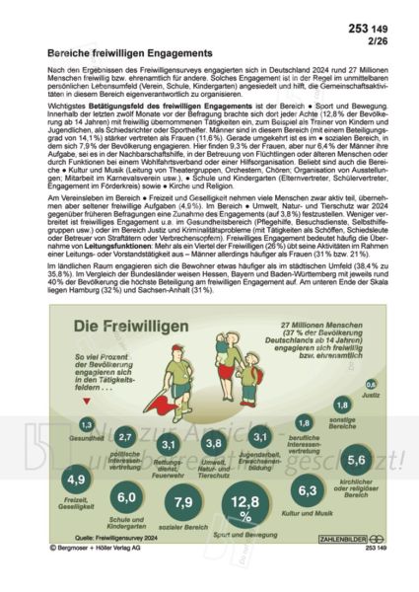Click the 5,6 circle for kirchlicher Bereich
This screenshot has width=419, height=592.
pyautogui.click(x=357, y=461)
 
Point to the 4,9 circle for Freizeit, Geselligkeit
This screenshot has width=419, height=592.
pyautogui.click(x=73, y=481)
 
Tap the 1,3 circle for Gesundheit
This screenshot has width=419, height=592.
pyautogui.click(x=87, y=423)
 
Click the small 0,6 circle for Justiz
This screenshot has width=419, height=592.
pyautogui.click(x=371, y=384)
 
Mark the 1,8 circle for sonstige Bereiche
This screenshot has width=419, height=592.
pyautogui.click(x=342, y=404)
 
